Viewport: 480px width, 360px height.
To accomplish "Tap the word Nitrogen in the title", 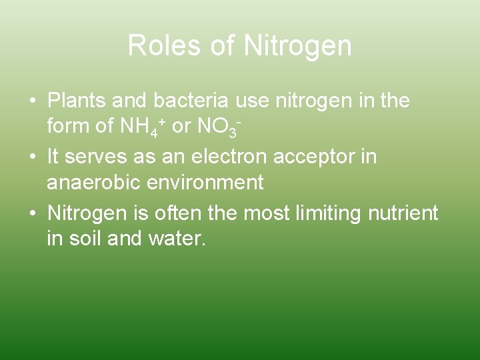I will point(297,46).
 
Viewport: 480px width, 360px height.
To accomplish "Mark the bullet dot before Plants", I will point(33,101).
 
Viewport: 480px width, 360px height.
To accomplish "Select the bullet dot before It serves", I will point(33,158).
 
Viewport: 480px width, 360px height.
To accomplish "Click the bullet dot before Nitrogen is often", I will point(33,214).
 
